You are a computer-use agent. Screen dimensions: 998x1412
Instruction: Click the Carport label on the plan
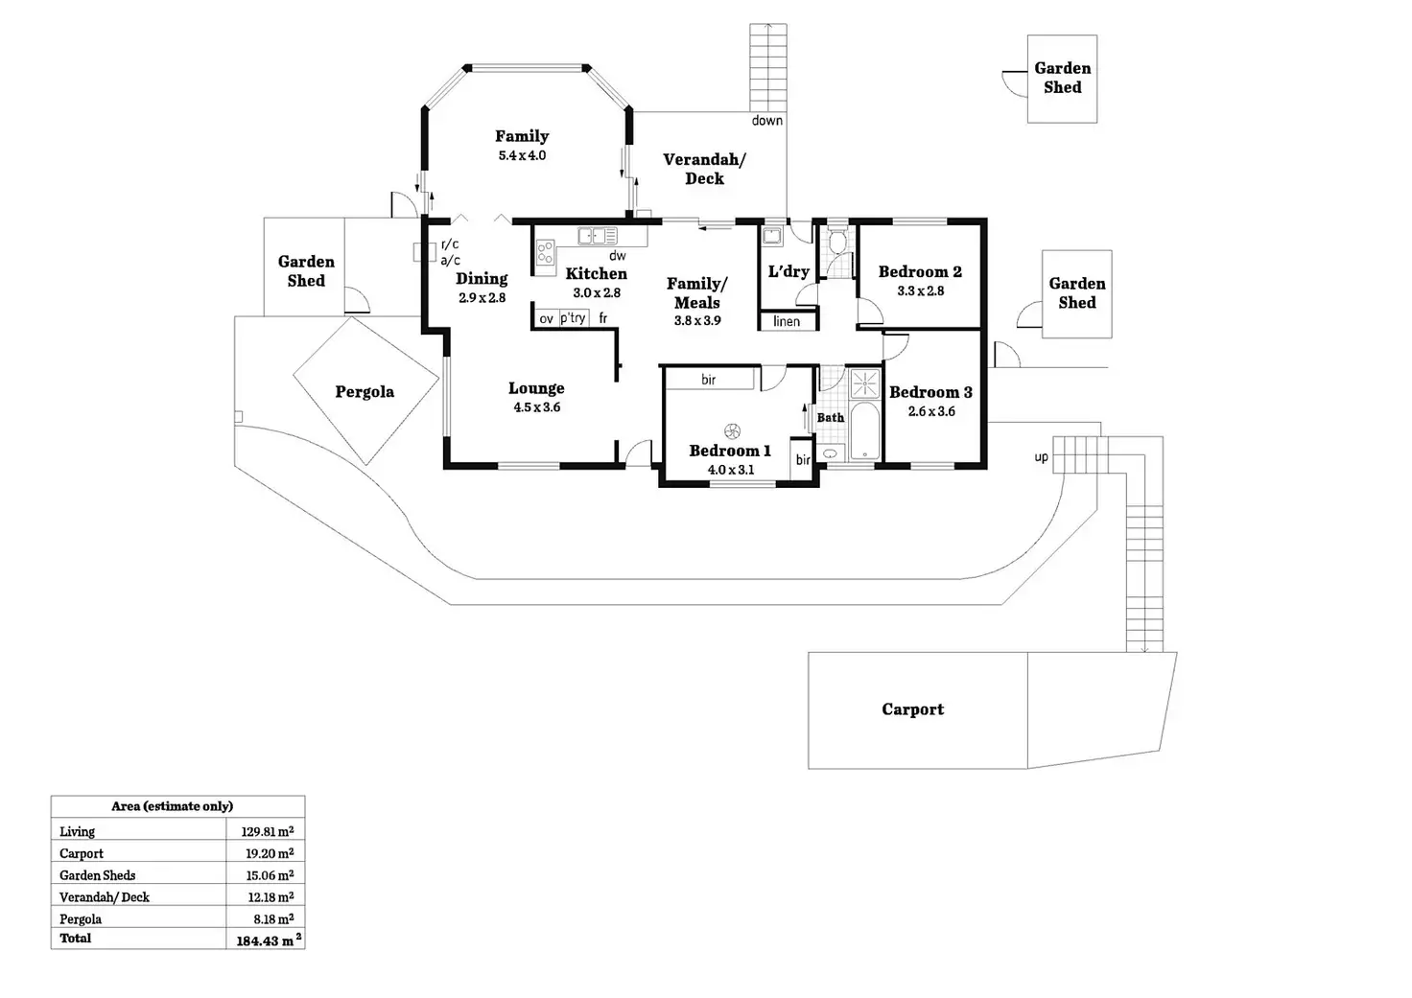click(x=912, y=709)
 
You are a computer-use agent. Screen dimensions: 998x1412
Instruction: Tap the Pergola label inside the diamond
click(x=365, y=391)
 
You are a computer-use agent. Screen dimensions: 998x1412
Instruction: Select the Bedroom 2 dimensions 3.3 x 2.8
click(x=920, y=291)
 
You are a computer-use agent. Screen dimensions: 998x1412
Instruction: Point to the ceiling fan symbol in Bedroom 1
click(x=732, y=431)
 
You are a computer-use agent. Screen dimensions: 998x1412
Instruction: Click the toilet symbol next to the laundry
click(x=836, y=241)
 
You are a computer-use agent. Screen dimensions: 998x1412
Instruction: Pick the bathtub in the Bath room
click(x=863, y=431)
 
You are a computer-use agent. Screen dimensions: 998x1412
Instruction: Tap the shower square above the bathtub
click(x=865, y=383)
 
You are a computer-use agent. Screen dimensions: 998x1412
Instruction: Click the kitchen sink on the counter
click(x=597, y=236)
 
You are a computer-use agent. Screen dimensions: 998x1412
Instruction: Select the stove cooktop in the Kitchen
click(x=545, y=253)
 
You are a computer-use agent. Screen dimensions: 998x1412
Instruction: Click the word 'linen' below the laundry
click(x=787, y=321)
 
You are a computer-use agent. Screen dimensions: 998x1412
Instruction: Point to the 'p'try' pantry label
click(x=573, y=318)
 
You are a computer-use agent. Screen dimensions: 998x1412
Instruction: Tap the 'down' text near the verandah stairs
click(x=767, y=120)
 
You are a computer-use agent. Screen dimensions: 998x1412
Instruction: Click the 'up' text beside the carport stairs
click(x=1041, y=457)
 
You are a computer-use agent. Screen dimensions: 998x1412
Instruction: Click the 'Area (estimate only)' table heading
click(x=172, y=806)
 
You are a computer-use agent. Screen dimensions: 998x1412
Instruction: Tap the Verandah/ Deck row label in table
click(x=105, y=897)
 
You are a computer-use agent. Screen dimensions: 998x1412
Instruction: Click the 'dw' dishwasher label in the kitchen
click(x=618, y=256)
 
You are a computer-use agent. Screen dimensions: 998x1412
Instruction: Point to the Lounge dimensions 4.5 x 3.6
click(x=536, y=407)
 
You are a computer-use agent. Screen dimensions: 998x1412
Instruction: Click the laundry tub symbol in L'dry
click(x=772, y=235)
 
